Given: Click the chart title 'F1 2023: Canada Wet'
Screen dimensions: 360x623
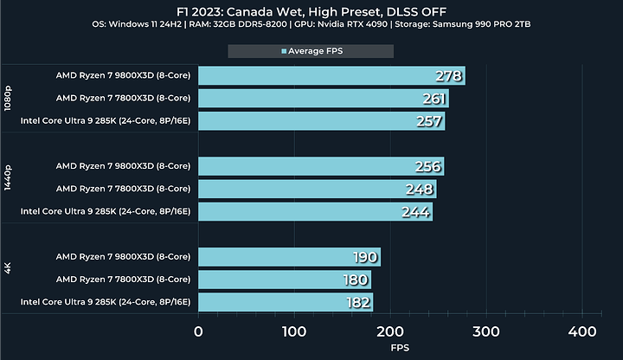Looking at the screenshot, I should [x=311, y=10].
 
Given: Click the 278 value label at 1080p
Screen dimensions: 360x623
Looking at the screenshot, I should [x=449, y=76].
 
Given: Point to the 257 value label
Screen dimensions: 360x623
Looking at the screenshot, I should [x=429, y=121].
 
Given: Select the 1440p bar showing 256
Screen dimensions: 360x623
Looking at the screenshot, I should [x=320, y=166].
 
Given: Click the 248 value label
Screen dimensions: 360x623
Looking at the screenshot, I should [x=420, y=189].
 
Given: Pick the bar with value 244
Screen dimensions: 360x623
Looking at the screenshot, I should [x=315, y=211].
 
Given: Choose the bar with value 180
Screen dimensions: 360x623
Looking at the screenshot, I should [x=285, y=280].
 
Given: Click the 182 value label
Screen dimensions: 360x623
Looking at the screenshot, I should [x=358, y=302].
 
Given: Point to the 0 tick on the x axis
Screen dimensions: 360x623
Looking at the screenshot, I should [x=199, y=331].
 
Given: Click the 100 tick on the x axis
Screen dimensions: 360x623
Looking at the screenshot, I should [x=295, y=331].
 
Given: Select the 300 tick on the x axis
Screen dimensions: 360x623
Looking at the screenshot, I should [x=486, y=331].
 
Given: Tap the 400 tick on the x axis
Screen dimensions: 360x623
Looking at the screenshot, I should [x=581, y=331].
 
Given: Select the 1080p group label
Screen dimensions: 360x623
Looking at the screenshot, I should [x=9, y=99].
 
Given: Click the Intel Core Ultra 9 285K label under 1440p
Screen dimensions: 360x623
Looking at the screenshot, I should [x=106, y=211].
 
